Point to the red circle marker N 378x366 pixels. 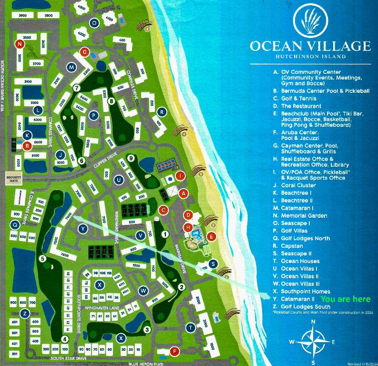click(x=19, y=44)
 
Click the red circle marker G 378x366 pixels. click(x=85, y=52)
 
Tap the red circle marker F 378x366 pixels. click(x=174, y=352)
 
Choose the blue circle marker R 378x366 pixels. click(x=162, y=112)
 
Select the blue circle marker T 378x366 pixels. click(x=191, y=327)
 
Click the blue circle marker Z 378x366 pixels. click(x=24, y=313)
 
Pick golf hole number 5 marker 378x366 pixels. click(x=43, y=259)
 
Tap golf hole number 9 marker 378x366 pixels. click(x=131, y=158)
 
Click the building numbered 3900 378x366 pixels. click(x=23, y=16)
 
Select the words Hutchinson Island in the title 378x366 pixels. click(x=310, y=57)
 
